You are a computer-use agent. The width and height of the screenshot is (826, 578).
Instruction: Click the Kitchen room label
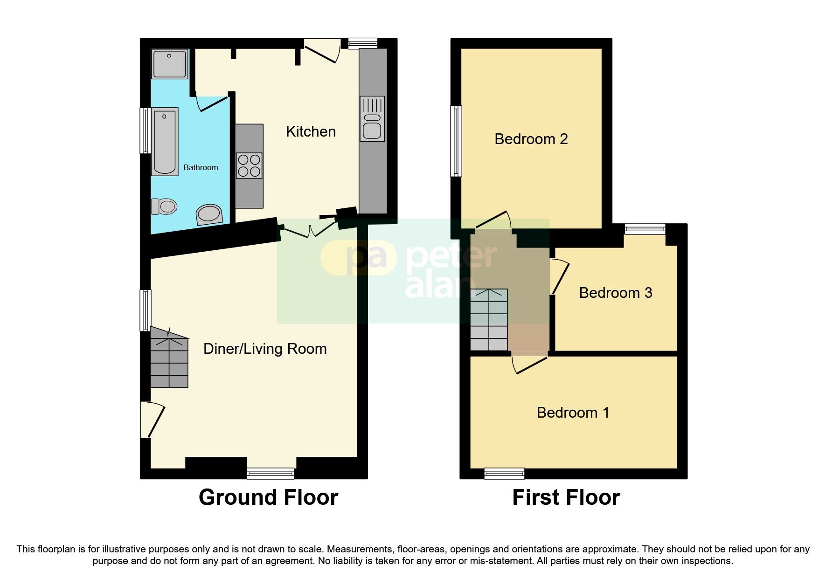[311, 132]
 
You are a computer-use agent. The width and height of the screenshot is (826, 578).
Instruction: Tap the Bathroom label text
[201, 167]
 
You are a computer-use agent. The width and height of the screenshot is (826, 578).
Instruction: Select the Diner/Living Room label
[265, 349]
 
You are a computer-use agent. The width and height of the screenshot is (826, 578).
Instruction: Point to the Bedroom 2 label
[531, 139]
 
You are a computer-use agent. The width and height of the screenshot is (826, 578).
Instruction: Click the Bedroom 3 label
[616, 293]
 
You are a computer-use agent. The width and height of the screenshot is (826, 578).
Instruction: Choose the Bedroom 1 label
[573, 413]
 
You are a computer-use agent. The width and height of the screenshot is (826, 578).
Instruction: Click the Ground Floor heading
[268, 497]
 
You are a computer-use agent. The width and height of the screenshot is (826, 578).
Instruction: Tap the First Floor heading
[566, 497]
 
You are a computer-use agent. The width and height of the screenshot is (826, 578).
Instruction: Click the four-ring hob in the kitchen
[249, 166]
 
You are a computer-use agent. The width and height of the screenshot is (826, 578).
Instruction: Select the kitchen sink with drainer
[372, 119]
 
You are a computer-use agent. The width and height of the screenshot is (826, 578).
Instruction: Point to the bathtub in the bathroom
[165, 142]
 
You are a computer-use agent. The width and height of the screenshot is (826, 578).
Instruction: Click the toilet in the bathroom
[164, 206]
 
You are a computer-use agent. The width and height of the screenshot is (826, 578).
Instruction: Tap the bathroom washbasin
[209, 214]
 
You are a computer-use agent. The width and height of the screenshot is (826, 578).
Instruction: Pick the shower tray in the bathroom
[170, 64]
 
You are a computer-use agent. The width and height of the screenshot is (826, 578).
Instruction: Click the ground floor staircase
[169, 358]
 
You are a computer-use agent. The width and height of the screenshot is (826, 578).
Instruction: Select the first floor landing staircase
[489, 320]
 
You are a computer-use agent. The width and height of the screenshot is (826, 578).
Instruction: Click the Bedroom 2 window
[456, 141]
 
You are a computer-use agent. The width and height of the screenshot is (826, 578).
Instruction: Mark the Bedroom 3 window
[645, 228]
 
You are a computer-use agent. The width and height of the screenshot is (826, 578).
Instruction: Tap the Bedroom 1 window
[504, 474]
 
